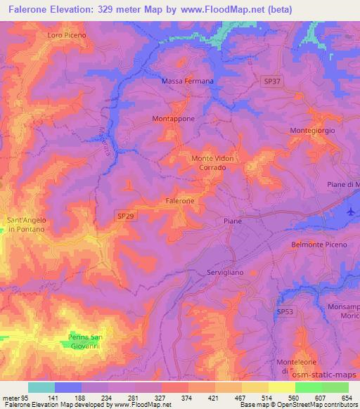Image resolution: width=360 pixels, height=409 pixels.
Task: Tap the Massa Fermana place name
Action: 188,82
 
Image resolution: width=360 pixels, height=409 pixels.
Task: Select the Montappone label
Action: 173,119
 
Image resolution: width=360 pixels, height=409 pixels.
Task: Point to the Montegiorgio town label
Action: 312,131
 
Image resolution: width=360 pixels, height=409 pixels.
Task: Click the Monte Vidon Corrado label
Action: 213,164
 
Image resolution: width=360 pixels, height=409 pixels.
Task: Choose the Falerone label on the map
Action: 180,201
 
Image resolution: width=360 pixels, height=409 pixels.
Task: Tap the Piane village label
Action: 233,221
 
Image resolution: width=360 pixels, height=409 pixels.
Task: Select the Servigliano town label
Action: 226,272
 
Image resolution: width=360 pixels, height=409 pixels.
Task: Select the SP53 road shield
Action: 284,311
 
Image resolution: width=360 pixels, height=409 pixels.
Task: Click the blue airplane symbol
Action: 352,211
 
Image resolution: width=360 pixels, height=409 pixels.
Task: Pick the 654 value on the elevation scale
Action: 347,398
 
